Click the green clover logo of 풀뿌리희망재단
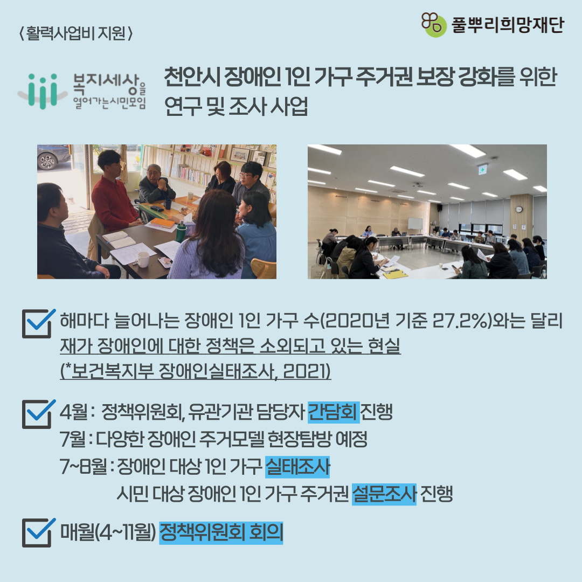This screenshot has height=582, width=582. click(x=433, y=24)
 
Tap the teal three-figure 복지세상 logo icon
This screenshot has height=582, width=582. click(x=43, y=91)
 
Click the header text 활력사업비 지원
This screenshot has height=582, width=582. click(x=76, y=34)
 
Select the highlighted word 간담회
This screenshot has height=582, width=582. click(x=334, y=412)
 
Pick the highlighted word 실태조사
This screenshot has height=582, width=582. click(x=297, y=467)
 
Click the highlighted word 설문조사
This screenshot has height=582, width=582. click(x=384, y=494)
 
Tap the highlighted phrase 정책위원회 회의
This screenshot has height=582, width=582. click(x=221, y=532)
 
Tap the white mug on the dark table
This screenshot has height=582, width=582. click(x=142, y=259)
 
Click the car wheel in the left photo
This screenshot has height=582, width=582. click(x=47, y=162)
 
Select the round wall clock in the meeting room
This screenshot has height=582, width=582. click(x=518, y=209)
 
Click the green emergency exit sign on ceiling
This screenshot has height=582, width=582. click(x=482, y=170)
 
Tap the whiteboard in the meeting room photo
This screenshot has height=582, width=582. click(x=415, y=224)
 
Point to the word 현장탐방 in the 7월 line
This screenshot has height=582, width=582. click(x=299, y=440)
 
